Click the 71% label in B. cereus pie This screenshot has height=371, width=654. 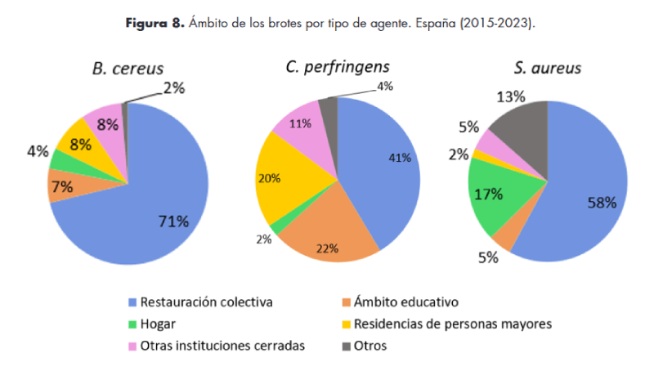pyautogui.click(x=172, y=221)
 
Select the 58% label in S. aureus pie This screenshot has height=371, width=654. pyautogui.click(x=600, y=203)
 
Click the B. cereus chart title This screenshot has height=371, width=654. pyautogui.click(x=127, y=69)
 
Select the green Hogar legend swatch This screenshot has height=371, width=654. pyautogui.click(x=131, y=324)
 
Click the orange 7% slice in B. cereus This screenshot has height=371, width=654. pyautogui.click(x=63, y=187)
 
